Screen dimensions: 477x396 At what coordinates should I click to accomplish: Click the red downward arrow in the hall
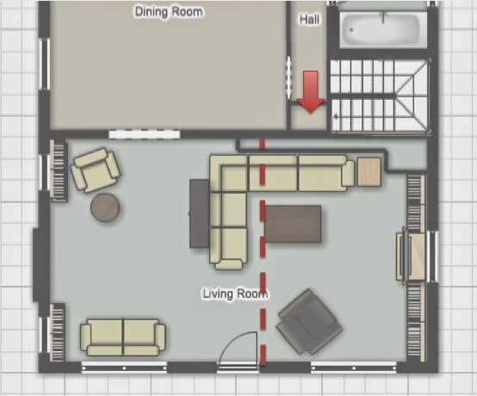[x=310, y=92]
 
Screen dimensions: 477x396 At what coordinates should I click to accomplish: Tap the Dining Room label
[x=169, y=12]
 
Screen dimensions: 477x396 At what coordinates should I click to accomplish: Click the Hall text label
[x=310, y=20]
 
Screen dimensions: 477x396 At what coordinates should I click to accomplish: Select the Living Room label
[x=235, y=294]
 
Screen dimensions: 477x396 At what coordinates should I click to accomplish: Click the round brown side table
[x=105, y=207]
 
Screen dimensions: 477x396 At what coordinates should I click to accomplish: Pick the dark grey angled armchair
[x=309, y=322]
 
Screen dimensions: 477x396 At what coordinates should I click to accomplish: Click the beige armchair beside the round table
[x=96, y=170]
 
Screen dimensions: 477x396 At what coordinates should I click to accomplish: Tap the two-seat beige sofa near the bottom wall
[x=123, y=337]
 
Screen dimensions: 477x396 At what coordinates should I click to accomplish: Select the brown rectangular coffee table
[x=293, y=224]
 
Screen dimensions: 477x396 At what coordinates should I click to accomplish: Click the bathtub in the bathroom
[x=381, y=29]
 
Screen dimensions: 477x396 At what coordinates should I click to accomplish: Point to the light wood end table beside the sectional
[x=369, y=172]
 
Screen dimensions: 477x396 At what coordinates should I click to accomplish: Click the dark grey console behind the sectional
[x=200, y=213]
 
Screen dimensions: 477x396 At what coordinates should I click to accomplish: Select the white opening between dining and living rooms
[x=145, y=134]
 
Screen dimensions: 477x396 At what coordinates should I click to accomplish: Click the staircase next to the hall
[x=380, y=96]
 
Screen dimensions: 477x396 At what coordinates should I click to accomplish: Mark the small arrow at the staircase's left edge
[x=336, y=116]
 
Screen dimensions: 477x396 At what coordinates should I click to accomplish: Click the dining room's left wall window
[x=46, y=64]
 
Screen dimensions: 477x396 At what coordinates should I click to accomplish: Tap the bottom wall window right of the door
[x=354, y=368]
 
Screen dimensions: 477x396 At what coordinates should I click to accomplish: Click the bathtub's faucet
[x=383, y=17]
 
